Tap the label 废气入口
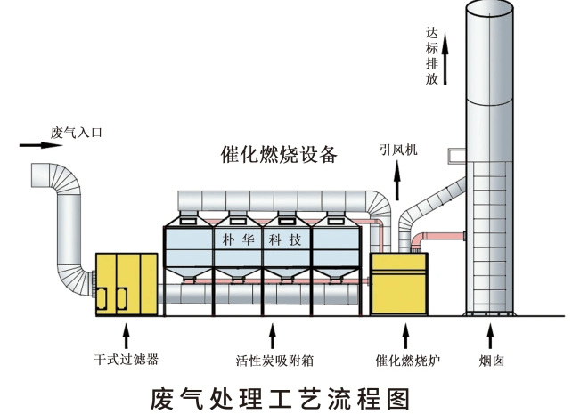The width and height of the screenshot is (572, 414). [x=78, y=133]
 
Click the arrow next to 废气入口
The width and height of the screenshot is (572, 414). [x=32, y=144]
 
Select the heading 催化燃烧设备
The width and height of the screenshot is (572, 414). [x=279, y=154]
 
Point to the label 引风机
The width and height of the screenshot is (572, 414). [x=396, y=150]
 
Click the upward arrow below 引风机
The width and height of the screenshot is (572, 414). [x=396, y=183]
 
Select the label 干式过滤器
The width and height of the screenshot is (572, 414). [x=126, y=361]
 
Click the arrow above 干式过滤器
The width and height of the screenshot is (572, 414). [x=127, y=337]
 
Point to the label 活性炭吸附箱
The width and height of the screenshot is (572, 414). [x=274, y=361]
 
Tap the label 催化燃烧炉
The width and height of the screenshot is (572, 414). [x=408, y=361]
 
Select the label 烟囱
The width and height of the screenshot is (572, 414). [x=490, y=361]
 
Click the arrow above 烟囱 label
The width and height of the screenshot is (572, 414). [x=490, y=337]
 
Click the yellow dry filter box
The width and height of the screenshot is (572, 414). [x=127, y=283]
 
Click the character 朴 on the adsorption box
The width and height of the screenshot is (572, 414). [x=225, y=240]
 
